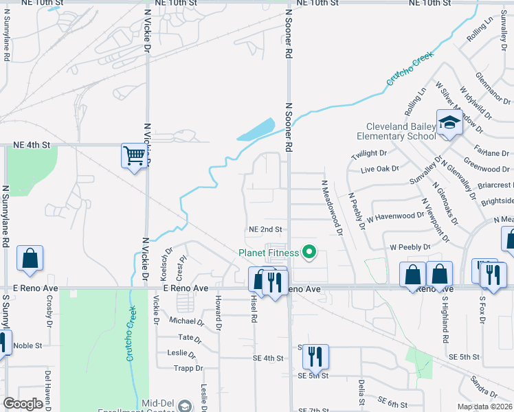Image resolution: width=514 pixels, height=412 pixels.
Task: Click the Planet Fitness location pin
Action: click(x=309, y=253)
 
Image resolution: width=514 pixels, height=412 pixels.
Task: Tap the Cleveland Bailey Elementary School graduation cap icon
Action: click(x=449, y=123)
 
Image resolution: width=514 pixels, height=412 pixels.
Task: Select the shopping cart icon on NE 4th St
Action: click(x=133, y=154)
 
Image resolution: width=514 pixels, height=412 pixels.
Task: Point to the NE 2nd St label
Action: click(x=265, y=229)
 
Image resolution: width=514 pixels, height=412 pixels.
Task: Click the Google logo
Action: click(x=23, y=404)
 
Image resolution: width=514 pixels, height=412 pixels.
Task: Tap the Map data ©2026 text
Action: click(x=485, y=407)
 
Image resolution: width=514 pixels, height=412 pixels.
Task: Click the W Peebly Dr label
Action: click(x=410, y=247)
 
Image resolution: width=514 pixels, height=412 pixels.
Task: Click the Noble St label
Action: click(x=27, y=345)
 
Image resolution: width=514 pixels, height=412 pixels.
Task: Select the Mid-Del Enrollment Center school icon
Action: click(x=184, y=407)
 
